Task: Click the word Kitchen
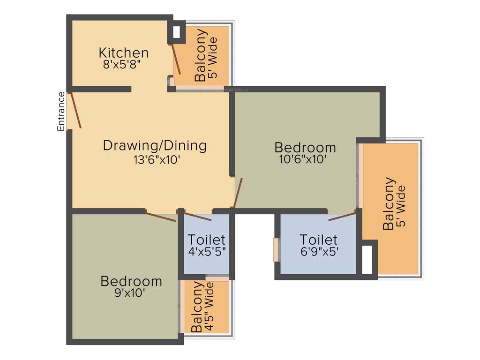point(124,52)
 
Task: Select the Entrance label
point(61,111)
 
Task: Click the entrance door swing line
point(75,111)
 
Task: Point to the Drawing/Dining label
point(155,146)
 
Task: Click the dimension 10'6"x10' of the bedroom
point(302,159)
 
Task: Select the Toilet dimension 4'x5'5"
point(207,251)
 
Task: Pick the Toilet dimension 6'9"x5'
point(319,251)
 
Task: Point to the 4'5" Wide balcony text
point(209,307)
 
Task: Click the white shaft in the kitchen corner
point(177,32)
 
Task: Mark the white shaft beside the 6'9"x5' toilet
point(367,258)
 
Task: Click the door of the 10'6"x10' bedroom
point(238,193)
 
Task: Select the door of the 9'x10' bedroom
point(161,217)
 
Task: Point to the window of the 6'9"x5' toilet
point(276,250)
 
